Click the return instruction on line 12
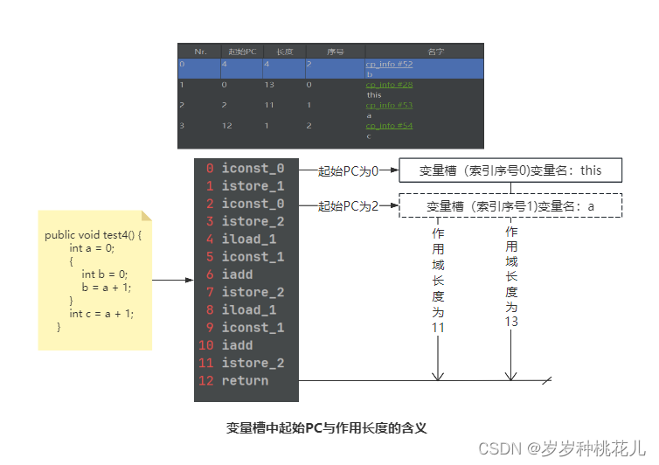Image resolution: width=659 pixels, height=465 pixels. tap(245, 380)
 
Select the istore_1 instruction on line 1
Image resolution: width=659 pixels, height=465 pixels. tap(252, 185)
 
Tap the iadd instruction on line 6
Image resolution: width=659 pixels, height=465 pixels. tap(237, 274)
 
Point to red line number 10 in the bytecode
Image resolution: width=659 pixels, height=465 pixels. tap(206, 345)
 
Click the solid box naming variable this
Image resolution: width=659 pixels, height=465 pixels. tap(510, 170)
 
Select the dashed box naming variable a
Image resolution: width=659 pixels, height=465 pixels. tap(510, 206)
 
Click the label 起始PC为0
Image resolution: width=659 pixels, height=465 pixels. tap(348, 170)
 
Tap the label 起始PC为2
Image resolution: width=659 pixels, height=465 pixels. tap(348, 206)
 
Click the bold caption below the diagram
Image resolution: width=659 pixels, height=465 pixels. tap(327, 428)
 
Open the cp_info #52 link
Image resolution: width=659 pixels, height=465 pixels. tap(389, 65)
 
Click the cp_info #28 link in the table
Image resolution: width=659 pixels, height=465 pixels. tap(389, 85)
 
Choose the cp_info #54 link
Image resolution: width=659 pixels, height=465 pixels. tap(389, 126)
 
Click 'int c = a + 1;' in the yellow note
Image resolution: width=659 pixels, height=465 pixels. tap(101, 313)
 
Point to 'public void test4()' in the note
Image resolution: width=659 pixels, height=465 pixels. tap(92, 236)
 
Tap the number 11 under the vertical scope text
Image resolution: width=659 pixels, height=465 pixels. tap(438, 328)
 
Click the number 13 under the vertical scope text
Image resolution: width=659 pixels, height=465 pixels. tap(511, 322)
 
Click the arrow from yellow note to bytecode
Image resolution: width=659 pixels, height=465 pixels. tap(172, 281)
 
